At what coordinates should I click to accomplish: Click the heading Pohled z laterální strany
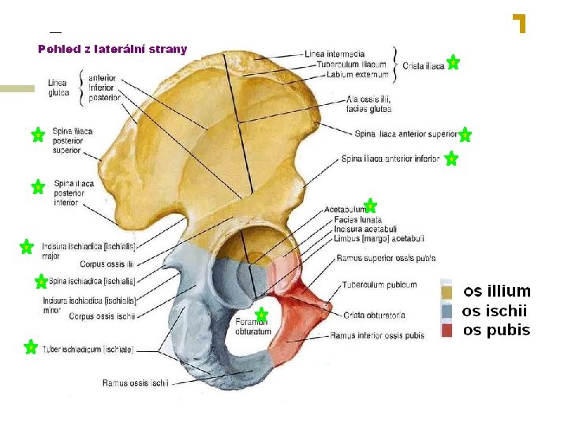[x=113, y=49]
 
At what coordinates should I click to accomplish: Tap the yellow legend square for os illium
[x=447, y=292]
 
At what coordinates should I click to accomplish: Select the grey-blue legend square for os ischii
[x=447, y=311]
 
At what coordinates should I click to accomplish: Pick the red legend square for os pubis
[x=447, y=330]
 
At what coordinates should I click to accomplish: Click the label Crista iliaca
[x=423, y=66]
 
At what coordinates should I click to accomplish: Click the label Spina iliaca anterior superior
[x=405, y=134]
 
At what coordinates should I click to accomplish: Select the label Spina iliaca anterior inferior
[x=390, y=159]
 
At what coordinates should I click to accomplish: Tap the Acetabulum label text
[x=345, y=209]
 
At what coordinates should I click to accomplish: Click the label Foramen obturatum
[x=253, y=327]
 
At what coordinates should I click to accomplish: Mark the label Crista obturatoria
[x=374, y=316]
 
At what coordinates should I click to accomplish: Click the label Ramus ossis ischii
[x=136, y=383]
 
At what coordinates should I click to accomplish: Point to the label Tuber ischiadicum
[x=88, y=349]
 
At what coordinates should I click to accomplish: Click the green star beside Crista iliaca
[x=453, y=62]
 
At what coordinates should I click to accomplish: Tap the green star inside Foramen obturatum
[x=262, y=315]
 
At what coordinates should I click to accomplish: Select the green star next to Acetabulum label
[x=370, y=206]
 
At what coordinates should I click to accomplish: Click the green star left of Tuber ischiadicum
[x=31, y=346]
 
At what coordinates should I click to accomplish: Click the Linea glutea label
[x=58, y=88]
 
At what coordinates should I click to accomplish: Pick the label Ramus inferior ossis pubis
[x=377, y=335]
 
